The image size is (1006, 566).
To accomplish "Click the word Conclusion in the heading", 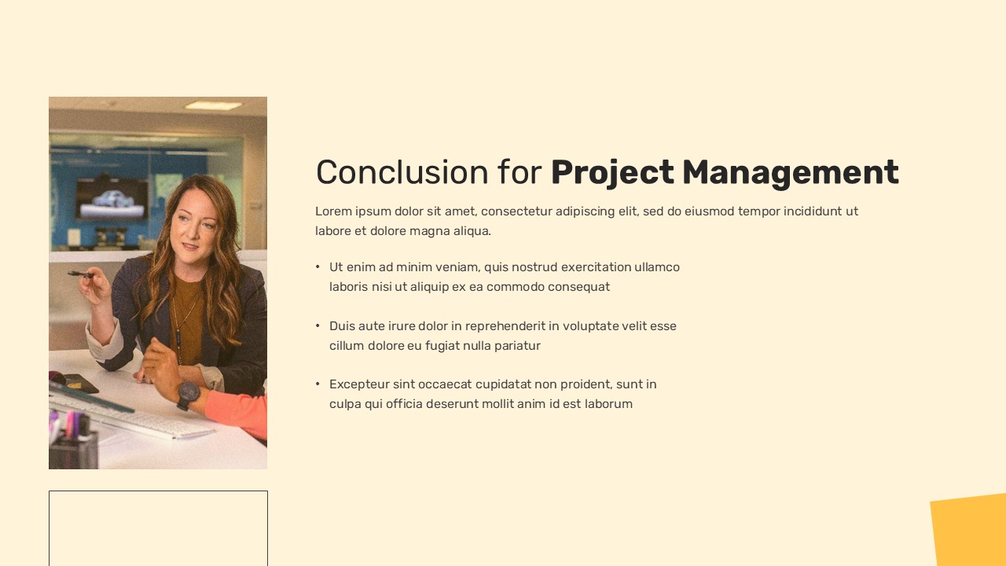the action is pyautogui.click(x=402, y=172).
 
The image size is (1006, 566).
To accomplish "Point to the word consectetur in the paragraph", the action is pyautogui.click(x=516, y=211).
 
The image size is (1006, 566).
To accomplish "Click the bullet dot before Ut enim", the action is pyautogui.click(x=318, y=266).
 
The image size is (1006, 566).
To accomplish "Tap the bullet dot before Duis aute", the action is pyautogui.click(x=318, y=325).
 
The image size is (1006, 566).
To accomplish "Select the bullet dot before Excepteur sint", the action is pyautogui.click(x=318, y=384).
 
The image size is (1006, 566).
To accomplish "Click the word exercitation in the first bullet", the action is pyautogui.click(x=596, y=266).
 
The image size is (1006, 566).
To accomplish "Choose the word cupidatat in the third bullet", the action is pyautogui.click(x=503, y=384).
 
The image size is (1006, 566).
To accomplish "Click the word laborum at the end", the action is pyautogui.click(x=608, y=404).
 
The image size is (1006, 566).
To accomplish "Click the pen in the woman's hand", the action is pyautogui.click(x=81, y=274).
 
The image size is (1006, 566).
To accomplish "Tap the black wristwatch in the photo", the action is pyautogui.click(x=187, y=395).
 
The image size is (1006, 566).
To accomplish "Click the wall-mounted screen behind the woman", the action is pyautogui.click(x=112, y=199).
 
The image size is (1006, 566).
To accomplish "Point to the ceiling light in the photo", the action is pyautogui.click(x=213, y=105).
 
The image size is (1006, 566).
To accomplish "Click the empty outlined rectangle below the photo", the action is pyautogui.click(x=158, y=491).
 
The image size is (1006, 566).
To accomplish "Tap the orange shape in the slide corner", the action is pyautogui.click(x=970, y=531).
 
